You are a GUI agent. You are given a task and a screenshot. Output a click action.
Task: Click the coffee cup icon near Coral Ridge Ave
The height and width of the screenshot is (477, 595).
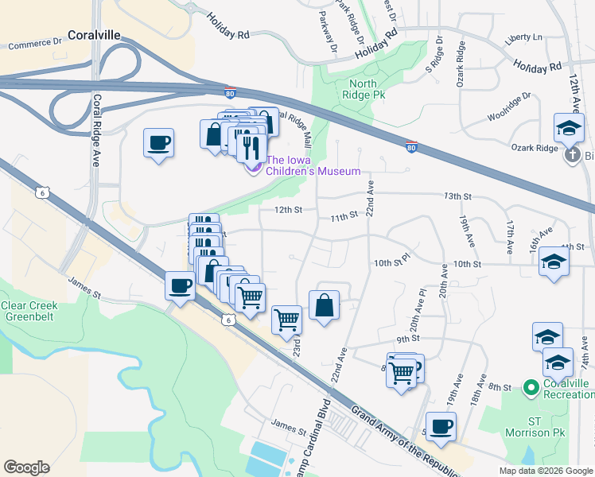pos(159,143)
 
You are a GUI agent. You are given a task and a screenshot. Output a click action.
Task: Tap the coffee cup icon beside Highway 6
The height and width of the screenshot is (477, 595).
pos(181,285)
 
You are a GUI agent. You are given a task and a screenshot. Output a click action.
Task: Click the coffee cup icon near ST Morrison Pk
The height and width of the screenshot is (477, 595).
pos(441,425)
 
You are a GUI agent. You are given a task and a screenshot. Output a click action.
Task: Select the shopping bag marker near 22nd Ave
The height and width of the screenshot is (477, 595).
pos(325,305)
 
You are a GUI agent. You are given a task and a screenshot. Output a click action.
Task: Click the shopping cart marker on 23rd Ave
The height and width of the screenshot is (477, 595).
pos(287,320)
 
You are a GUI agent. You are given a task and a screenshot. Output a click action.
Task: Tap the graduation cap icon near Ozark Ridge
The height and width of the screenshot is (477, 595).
pos(570,129)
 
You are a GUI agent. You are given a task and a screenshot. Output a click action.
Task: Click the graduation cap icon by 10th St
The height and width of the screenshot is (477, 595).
pos(554,262)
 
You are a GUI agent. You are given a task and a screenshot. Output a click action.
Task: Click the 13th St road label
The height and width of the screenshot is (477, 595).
pos(458,196)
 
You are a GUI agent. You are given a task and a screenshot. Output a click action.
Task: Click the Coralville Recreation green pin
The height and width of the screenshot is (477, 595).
pos(531,388)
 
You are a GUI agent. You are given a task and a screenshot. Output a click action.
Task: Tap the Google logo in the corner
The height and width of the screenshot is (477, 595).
pos(26,467)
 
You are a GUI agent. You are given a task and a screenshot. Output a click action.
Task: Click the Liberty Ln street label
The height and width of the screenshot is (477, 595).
pos(523,37)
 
